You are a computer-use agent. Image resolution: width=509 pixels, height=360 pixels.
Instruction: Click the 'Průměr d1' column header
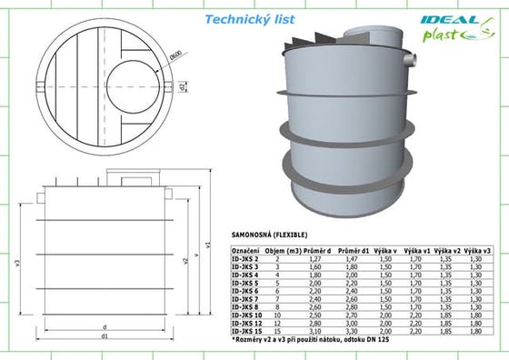(x=352, y=250)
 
